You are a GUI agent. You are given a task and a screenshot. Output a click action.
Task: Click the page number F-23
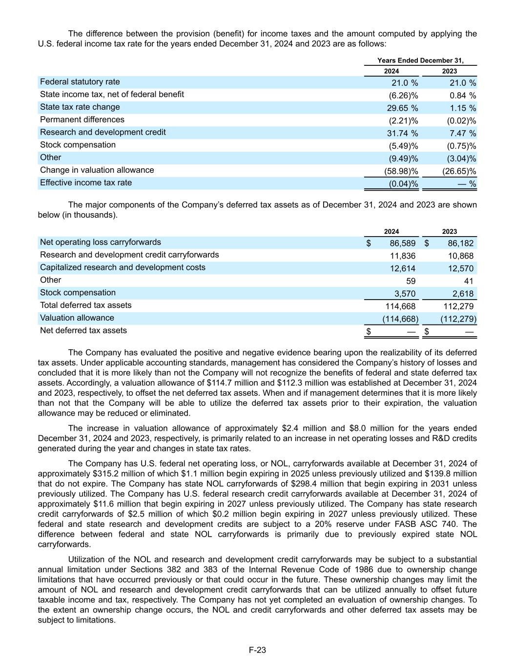tap(257, 650)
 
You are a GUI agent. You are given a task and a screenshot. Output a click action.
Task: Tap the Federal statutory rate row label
tap(80, 82)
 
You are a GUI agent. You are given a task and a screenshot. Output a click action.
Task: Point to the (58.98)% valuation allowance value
tap(401, 171)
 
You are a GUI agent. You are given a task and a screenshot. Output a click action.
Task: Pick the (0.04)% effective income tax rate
tap(403, 183)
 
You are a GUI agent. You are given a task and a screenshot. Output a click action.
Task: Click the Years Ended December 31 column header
tap(420, 61)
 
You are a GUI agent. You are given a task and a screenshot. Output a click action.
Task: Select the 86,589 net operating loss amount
tap(403, 243)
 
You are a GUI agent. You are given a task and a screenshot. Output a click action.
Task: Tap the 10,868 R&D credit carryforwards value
tap(460, 256)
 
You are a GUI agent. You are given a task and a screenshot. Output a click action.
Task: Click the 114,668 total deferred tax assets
tap(400, 306)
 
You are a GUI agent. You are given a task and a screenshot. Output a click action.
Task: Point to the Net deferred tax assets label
tap(83, 330)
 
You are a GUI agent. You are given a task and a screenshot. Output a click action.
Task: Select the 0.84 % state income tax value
tap(463, 95)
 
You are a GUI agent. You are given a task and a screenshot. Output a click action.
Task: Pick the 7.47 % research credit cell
tap(463, 133)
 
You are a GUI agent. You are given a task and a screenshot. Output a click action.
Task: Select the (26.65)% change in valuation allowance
tap(459, 171)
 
